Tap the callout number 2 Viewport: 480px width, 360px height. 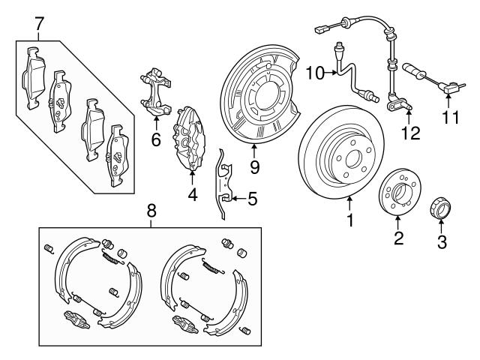(398, 238)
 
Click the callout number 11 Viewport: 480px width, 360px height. (448, 118)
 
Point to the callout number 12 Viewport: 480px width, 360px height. (407, 133)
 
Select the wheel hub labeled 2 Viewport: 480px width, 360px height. (398, 194)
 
